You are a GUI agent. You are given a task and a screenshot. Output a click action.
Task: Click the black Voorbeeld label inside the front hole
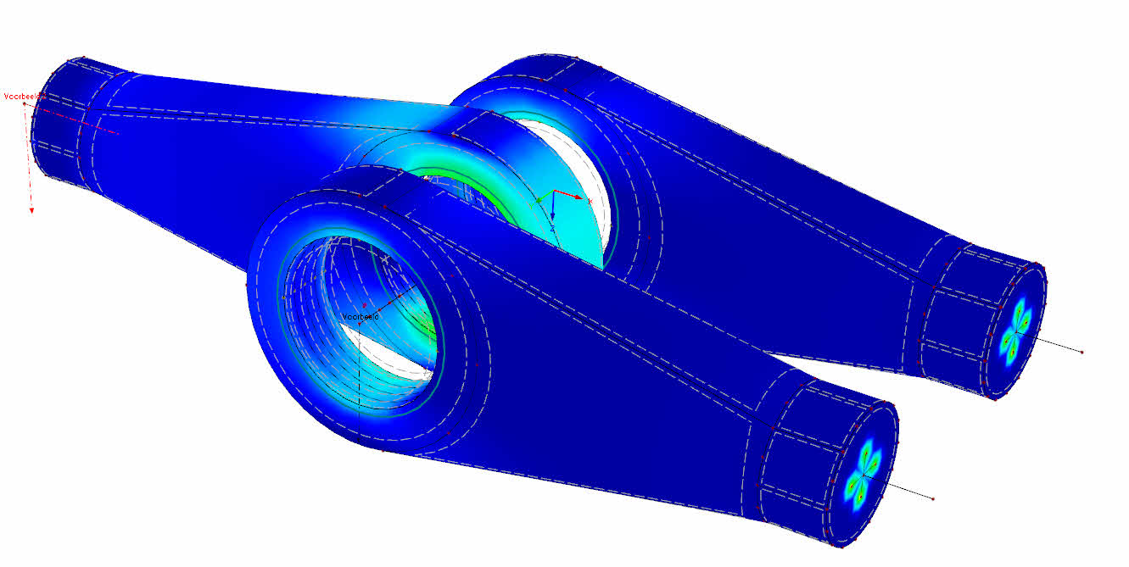(x=360, y=317)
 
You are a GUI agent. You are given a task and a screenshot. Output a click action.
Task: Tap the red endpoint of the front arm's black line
(x=932, y=499)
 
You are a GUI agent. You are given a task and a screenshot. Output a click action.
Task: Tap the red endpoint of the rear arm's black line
(x=1082, y=351)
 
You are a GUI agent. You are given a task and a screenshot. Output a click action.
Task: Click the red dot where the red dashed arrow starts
(x=25, y=104)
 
